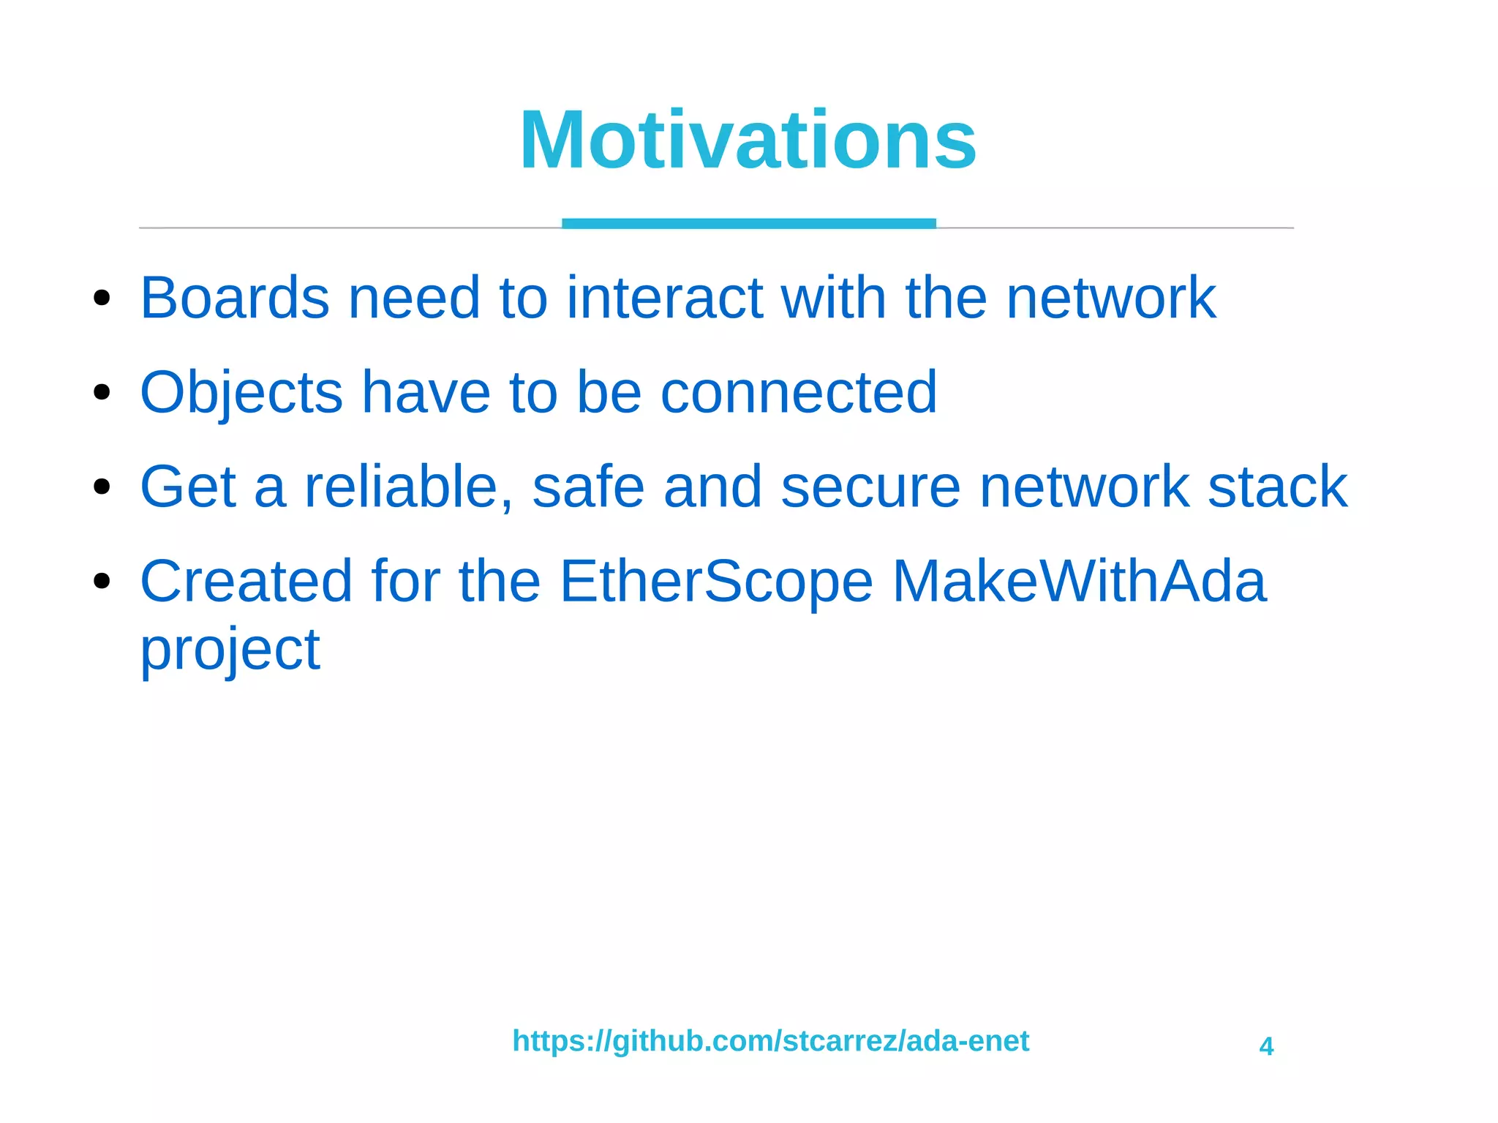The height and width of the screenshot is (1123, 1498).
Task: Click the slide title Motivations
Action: tap(748, 140)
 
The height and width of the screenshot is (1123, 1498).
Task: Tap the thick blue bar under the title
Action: tap(748, 223)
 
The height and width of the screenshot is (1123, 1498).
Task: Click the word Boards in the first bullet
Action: tap(235, 298)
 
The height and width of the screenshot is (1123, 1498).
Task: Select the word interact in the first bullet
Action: tap(665, 298)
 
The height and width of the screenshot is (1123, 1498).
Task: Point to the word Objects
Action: tap(241, 393)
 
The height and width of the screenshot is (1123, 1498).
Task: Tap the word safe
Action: tap(588, 487)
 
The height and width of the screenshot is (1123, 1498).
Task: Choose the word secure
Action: tap(870, 487)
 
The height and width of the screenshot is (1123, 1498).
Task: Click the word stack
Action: tap(1277, 487)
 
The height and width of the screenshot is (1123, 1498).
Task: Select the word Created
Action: tap(246, 581)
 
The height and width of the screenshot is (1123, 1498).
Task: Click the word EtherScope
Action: tap(716, 581)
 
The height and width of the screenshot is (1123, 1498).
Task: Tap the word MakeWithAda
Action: tap(1079, 581)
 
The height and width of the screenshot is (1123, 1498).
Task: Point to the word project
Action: tap(230, 650)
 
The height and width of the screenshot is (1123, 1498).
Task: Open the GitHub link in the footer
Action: tap(770, 1040)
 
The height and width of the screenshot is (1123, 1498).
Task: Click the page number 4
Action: tap(1266, 1046)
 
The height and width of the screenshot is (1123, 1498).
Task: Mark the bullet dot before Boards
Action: tap(102, 298)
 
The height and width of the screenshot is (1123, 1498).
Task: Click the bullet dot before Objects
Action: tap(102, 392)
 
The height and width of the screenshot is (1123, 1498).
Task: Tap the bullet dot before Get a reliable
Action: tap(102, 487)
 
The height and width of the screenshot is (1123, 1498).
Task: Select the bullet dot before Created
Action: tap(102, 581)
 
